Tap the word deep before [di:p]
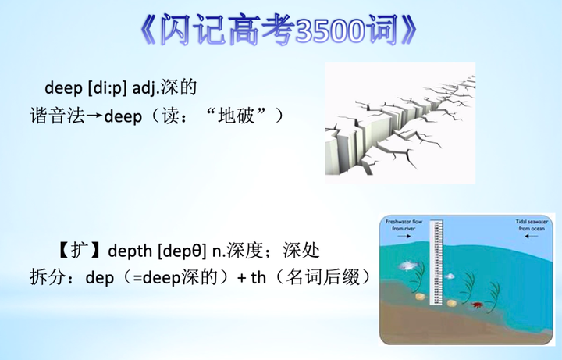(x=62, y=87)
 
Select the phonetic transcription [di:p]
(x=106, y=87)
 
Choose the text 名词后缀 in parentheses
(x=321, y=278)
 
